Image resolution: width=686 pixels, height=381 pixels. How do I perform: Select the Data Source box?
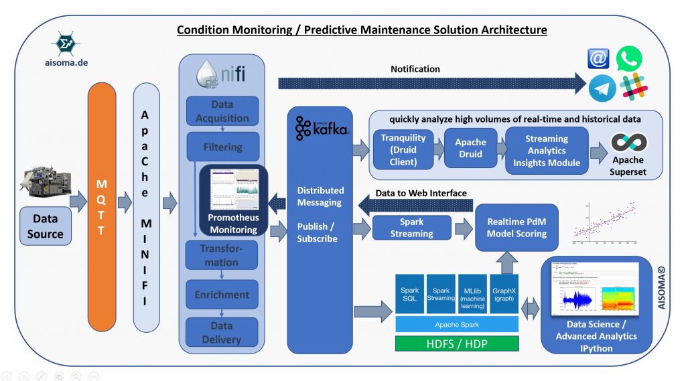[x=46, y=226]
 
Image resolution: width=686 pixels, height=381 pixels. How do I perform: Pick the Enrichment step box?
[x=222, y=295]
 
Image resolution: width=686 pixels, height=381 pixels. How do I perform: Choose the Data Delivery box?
[x=222, y=332]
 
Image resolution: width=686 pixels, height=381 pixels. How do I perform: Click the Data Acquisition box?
[x=222, y=111]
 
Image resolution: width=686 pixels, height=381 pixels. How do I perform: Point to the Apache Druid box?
[x=470, y=149]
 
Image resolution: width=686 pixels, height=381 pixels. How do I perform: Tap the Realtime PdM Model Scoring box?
[x=517, y=227]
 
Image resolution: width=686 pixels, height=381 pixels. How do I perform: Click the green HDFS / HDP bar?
[x=457, y=344]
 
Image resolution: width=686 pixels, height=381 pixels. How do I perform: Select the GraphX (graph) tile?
[x=504, y=294]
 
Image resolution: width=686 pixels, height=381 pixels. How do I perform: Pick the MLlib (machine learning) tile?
[x=472, y=294]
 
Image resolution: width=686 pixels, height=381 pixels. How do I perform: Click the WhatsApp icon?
[x=630, y=58]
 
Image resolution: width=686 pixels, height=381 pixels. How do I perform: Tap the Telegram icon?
[x=602, y=88]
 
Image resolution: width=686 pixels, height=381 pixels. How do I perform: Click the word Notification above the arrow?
[x=415, y=69]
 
